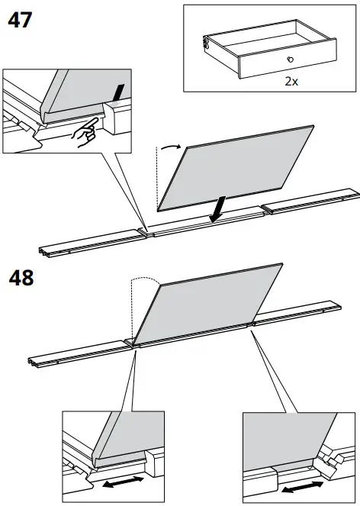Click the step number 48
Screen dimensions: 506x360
point(21,278)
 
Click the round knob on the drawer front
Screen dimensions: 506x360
point(290,60)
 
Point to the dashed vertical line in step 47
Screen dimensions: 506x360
point(156,179)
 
